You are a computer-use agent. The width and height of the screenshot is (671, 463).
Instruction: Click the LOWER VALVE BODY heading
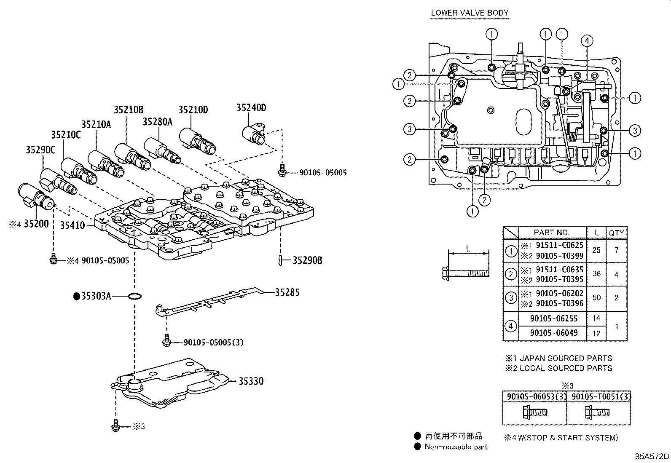[x=470, y=13]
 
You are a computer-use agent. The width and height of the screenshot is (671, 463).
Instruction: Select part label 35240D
[x=251, y=108]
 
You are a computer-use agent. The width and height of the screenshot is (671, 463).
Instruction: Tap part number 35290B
[x=307, y=260]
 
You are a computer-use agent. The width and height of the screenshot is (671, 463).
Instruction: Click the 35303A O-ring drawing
[x=134, y=297]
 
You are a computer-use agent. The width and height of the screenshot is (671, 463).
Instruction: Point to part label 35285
[x=287, y=292]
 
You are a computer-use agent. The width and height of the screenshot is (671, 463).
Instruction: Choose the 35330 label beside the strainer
[x=251, y=381]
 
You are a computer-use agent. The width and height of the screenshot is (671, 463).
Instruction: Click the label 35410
[x=73, y=225]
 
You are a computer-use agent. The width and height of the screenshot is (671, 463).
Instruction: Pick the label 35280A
[x=157, y=122]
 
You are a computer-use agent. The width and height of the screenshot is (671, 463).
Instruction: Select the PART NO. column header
[x=551, y=233]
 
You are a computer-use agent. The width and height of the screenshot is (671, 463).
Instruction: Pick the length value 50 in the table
[x=596, y=297]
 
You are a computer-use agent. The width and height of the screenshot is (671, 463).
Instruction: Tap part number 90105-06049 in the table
[x=553, y=333]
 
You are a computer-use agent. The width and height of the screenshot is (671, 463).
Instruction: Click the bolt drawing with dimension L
[x=465, y=273]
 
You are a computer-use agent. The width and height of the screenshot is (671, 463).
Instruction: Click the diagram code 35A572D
[x=652, y=456]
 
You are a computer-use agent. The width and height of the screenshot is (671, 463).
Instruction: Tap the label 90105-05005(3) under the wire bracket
[x=213, y=343]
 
